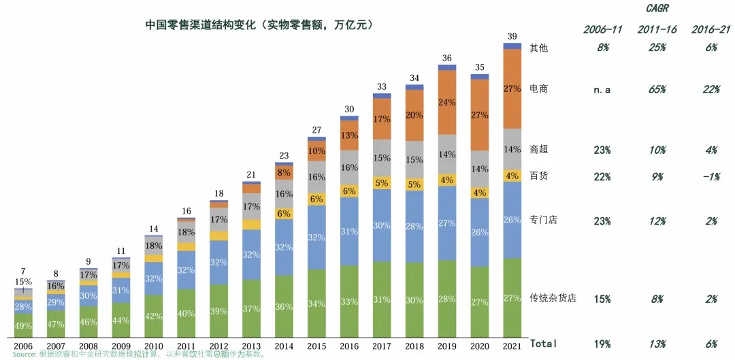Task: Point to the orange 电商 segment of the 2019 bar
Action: [446, 102]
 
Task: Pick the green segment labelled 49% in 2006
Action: [22, 325]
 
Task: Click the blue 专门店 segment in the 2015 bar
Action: [316, 238]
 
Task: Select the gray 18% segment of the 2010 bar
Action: [154, 246]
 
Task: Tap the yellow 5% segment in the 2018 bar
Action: [414, 184]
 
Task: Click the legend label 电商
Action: [539, 89]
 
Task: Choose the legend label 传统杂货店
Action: [553, 298]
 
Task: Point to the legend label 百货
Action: [539, 176]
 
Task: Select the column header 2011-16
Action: [657, 29]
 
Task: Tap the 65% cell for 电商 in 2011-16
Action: [657, 90]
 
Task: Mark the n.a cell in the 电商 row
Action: [602, 90]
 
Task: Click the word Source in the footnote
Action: [23, 355]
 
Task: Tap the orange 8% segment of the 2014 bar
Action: [284, 173]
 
